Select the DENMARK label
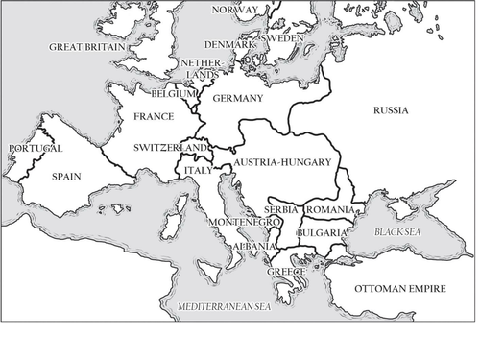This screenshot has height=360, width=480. pyautogui.click(x=228, y=45)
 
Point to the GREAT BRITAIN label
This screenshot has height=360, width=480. pyautogui.click(x=87, y=46)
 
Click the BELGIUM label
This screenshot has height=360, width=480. pyautogui.click(x=174, y=94)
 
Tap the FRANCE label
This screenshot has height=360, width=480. pyautogui.click(x=154, y=117)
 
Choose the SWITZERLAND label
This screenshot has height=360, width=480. pyautogui.click(x=170, y=147)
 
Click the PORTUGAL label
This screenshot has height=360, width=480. pyautogui.click(x=35, y=149)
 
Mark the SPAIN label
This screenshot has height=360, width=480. pyautogui.click(x=67, y=177)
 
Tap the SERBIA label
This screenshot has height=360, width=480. pyautogui.click(x=281, y=210)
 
